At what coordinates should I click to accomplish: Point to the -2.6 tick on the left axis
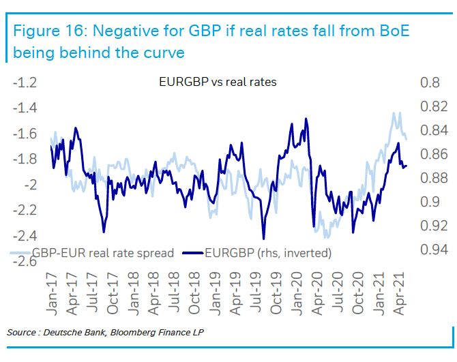[25, 262]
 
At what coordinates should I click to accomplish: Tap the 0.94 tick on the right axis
[434, 250]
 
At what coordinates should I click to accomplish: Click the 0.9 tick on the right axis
[430, 202]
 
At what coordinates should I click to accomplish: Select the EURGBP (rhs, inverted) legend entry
[268, 253]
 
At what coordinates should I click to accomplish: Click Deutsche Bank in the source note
[76, 332]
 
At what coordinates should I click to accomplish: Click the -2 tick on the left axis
[30, 185]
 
